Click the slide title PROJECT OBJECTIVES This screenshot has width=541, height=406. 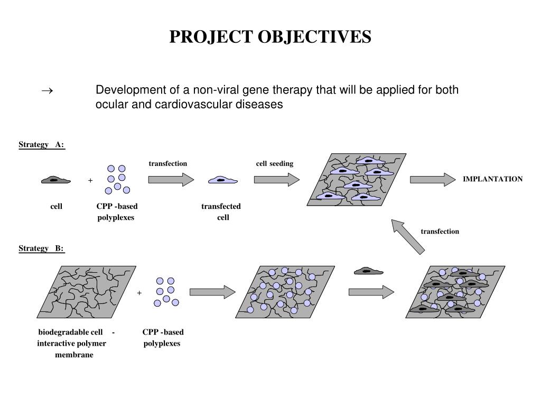pyautogui.click(x=270, y=36)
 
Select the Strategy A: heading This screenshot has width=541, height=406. pyautogui.click(x=41, y=145)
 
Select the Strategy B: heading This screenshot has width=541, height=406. pyautogui.click(x=41, y=248)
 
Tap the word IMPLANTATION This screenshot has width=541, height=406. pyautogui.click(x=492, y=179)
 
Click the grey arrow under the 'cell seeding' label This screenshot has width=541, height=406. pyautogui.click(x=276, y=180)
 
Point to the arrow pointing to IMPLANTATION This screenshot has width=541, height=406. pyautogui.click(x=432, y=180)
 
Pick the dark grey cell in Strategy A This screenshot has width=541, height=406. pyautogui.click(x=55, y=180)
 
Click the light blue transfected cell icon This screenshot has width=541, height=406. pyautogui.click(x=222, y=180)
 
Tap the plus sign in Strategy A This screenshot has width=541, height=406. pyautogui.click(x=90, y=181)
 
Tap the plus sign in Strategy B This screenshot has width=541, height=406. pyautogui.click(x=139, y=292)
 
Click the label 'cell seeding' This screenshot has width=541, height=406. pyautogui.click(x=274, y=163)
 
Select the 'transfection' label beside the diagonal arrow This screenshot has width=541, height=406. pyautogui.click(x=440, y=232)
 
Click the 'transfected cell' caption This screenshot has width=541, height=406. pyautogui.click(x=221, y=211)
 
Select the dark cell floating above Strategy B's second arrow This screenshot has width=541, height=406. pyautogui.click(x=368, y=271)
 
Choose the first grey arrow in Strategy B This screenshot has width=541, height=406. pyautogui.click(x=212, y=292)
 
